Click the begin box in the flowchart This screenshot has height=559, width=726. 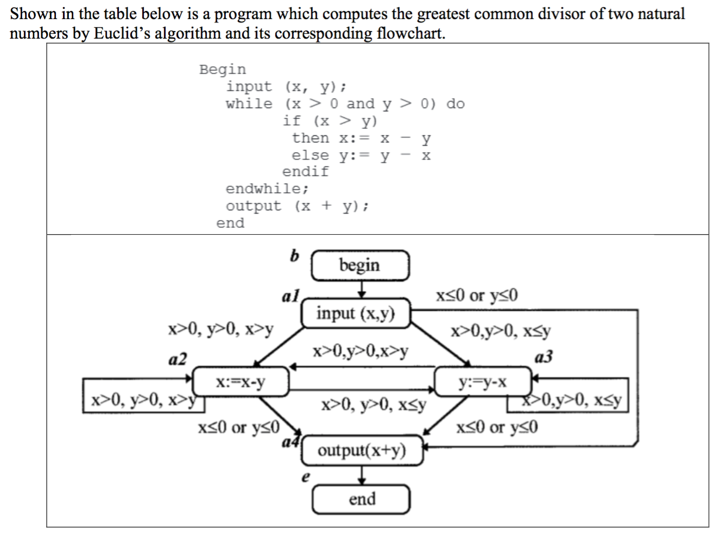pyautogui.click(x=359, y=265)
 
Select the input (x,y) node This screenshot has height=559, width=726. pyautogui.click(x=356, y=313)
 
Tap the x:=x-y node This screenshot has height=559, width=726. pyautogui.click(x=241, y=381)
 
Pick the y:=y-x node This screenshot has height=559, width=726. pyautogui.click(x=483, y=381)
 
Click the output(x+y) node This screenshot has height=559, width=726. pyautogui.click(x=362, y=450)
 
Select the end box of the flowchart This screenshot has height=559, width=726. pyautogui.click(x=362, y=499)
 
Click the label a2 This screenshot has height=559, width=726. pyautogui.click(x=178, y=359)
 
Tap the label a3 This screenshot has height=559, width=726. pyautogui.click(x=544, y=357)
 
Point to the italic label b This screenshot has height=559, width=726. pyautogui.click(x=294, y=255)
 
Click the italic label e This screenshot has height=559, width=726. pyautogui.click(x=305, y=477)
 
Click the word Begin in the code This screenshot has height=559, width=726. pyautogui.click(x=222, y=70)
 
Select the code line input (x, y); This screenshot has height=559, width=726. pyautogui.click(x=286, y=87)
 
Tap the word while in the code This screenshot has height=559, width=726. pyautogui.click(x=249, y=104)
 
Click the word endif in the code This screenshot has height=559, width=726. pyautogui.click(x=305, y=172)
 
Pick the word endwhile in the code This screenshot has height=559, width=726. pyautogui.click(x=266, y=189)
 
